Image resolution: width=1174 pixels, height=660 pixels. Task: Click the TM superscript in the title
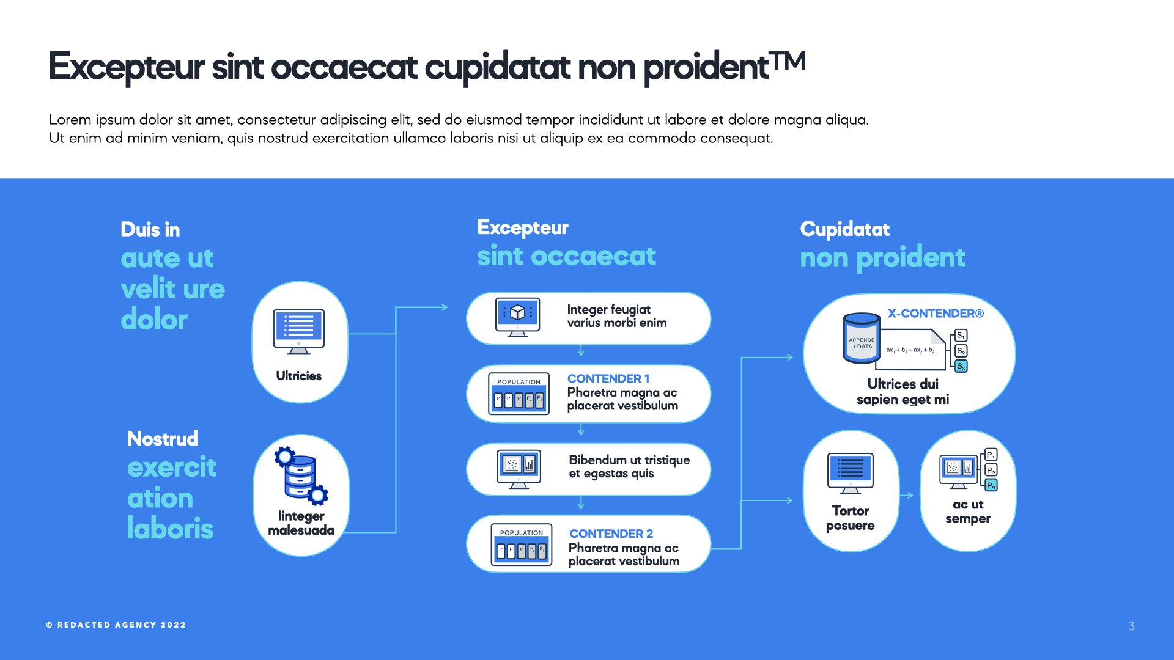click(788, 61)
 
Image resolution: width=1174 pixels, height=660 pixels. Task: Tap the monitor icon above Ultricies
click(298, 331)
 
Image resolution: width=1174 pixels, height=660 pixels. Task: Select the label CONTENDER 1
click(608, 378)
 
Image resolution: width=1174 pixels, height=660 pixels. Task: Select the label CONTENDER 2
click(611, 533)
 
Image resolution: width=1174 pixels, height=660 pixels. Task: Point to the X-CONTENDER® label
click(936, 313)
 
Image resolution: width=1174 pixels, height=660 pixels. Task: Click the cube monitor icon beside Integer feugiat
click(518, 317)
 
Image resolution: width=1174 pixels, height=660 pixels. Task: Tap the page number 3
click(1132, 626)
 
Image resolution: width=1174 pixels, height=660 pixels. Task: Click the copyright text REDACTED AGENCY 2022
click(116, 625)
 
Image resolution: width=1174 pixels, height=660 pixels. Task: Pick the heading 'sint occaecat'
click(566, 255)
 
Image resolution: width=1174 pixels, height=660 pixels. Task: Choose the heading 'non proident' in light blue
click(882, 257)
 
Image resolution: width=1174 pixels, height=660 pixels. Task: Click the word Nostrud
click(162, 438)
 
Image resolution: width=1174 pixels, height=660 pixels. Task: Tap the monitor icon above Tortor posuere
click(850, 472)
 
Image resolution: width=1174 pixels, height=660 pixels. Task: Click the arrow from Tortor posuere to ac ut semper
click(907, 495)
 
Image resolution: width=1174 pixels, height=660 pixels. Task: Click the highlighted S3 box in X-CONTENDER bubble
click(961, 366)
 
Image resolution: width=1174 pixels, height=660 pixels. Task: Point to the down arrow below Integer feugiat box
click(581, 351)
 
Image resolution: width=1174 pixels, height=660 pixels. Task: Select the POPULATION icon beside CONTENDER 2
click(521, 544)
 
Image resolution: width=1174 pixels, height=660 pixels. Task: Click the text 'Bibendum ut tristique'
click(629, 460)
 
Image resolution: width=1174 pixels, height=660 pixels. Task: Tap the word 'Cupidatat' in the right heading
click(844, 229)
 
